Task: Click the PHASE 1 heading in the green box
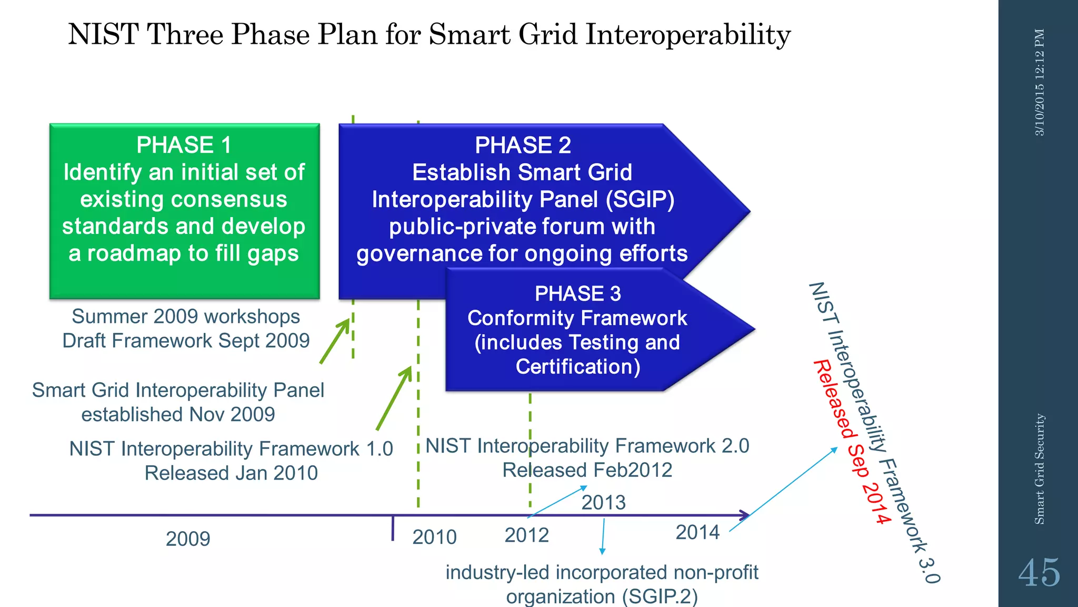coord(184,145)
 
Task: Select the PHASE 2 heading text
coord(523,145)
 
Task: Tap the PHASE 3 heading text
coord(577,293)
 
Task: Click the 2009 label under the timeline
coord(188,539)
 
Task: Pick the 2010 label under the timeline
coord(434,537)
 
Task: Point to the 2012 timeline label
coord(526,535)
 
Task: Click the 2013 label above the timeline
coord(603,502)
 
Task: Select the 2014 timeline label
coord(697,532)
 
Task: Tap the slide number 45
coord(1039,573)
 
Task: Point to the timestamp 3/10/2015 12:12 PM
coord(1040,82)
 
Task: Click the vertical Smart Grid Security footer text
coord(1040,469)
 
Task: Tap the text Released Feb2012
coord(587,470)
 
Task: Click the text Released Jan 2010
coord(231,473)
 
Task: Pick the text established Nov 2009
coord(178,414)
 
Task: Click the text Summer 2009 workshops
coord(186,316)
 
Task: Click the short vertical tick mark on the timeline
coord(393,528)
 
